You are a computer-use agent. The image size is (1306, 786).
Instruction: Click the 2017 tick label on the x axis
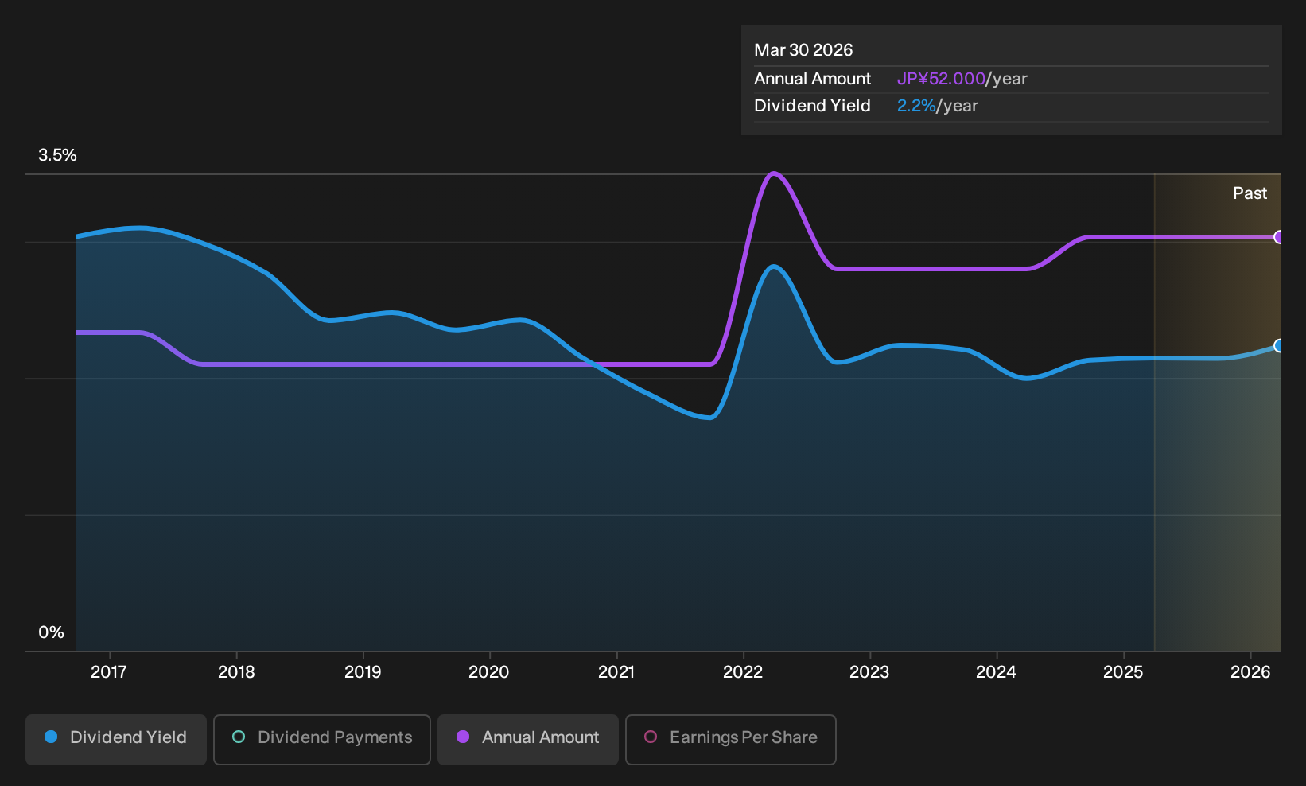coord(109,671)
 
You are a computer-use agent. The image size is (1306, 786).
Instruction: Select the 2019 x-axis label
coord(363,671)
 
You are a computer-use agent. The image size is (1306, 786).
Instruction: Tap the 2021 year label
coord(616,671)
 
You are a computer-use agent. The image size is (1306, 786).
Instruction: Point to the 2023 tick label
coord(869,671)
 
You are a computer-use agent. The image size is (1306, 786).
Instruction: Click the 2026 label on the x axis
coord(1250,671)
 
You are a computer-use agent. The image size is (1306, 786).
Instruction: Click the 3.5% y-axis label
coord(57,155)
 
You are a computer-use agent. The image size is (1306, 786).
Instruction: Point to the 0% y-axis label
coord(52,632)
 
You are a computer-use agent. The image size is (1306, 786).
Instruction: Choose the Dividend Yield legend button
coord(116,739)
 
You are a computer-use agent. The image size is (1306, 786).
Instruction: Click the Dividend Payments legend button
coord(322,739)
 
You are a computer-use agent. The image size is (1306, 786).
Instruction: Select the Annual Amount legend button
coord(527,739)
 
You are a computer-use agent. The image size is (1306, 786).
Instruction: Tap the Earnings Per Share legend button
coord(730,739)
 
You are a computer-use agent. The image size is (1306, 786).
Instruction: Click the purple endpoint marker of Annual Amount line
coord(1278,237)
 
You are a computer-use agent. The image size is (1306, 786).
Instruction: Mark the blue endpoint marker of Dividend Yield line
coord(1278,346)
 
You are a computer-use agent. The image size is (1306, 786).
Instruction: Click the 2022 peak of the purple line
coord(774,173)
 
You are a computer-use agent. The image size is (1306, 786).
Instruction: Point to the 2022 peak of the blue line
coord(774,267)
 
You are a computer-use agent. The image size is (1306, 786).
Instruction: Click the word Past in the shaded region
coord(1250,193)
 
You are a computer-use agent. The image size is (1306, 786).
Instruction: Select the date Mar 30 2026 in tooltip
coord(803,50)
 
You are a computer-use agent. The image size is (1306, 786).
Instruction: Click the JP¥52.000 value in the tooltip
coord(940,79)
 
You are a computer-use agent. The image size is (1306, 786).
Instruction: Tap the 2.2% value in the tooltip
coord(916,106)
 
